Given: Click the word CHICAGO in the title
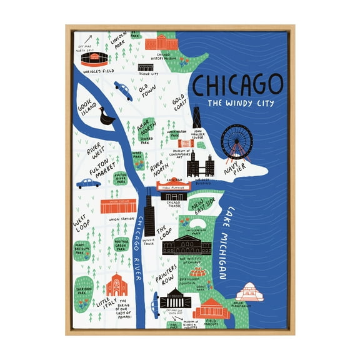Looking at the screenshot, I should point(237,84).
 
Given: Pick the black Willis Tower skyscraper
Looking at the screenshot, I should point(149,216).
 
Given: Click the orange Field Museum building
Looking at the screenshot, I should point(210,308).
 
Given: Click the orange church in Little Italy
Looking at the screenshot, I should point(117,286).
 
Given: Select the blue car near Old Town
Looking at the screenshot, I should point(123,91).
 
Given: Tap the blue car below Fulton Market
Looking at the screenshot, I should point(89,183).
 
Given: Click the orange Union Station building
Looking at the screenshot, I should point(117,206).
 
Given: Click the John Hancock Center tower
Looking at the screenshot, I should point(196,118).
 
